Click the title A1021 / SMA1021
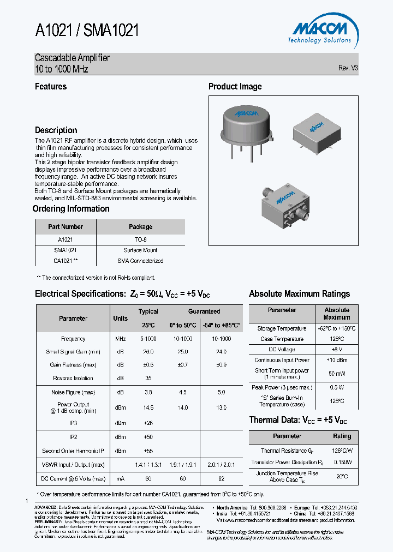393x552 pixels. point(87,31)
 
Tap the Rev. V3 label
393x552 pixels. point(348,68)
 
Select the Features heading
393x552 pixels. point(51,87)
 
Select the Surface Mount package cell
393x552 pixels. point(140,250)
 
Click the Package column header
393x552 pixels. point(140,227)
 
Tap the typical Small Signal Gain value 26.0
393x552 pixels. point(148,352)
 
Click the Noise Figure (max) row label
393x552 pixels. point(73,392)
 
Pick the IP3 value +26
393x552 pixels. point(148,423)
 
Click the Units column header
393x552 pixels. point(120,319)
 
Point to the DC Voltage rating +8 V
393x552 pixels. point(336,349)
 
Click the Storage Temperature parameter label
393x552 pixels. point(282,329)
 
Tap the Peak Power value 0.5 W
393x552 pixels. point(336,387)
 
